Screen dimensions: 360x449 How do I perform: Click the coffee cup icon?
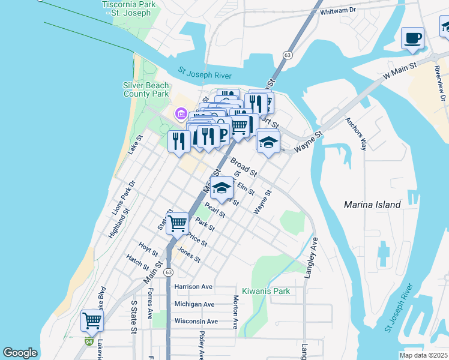pyautogui.click(x=412, y=38)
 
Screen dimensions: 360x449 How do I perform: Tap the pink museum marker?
pyautogui.click(x=179, y=113)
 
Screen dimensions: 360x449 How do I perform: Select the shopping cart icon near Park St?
pyautogui.click(x=178, y=223)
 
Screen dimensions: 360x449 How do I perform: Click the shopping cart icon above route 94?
pyautogui.click(x=92, y=320)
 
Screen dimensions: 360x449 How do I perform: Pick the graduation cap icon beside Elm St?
pyautogui.click(x=221, y=188)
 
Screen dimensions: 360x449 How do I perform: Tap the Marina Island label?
pyautogui.click(x=372, y=205)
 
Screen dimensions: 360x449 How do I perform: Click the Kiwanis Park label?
pyautogui.click(x=266, y=291)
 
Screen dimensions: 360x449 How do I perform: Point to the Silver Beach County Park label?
pyautogui.click(x=146, y=90)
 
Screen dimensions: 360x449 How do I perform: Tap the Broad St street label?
pyautogui.click(x=244, y=167)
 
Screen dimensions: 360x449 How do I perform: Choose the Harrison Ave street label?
pyautogui.click(x=194, y=287)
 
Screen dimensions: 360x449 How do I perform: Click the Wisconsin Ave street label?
pyautogui.click(x=196, y=321)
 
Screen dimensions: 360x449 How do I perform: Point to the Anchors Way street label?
pyautogui.click(x=356, y=132)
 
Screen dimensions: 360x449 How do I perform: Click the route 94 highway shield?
pyautogui.click(x=89, y=342)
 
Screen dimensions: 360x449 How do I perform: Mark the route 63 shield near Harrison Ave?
pyautogui.click(x=169, y=272)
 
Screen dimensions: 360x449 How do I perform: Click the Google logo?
pyautogui.click(x=20, y=353)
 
